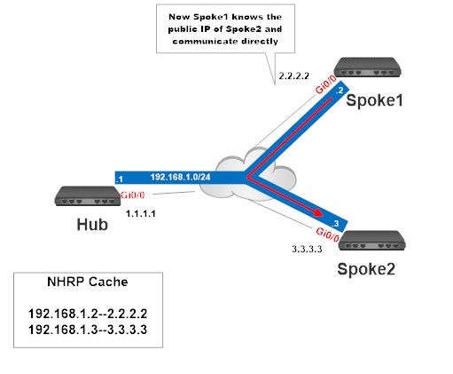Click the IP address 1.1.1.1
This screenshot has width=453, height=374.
tap(140, 214)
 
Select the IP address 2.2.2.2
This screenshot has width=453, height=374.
tap(293, 78)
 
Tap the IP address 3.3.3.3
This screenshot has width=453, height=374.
tap(307, 250)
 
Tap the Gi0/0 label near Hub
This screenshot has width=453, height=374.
tap(130, 194)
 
